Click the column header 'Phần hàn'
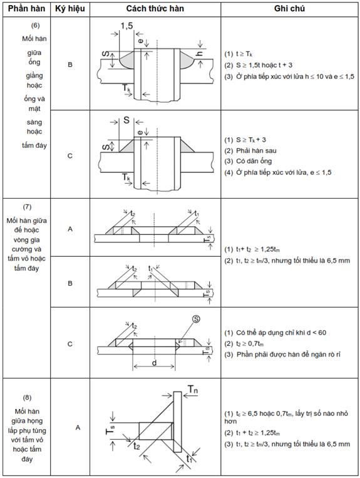pos(26,9)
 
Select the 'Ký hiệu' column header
pos(70,9)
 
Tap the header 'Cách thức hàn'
pos(155,9)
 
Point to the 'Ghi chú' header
pos(289,9)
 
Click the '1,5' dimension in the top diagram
pos(126,26)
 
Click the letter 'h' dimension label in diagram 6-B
pos(200,54)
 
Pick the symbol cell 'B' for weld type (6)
pos(70,65)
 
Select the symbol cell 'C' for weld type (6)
pos(70,156)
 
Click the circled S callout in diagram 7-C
pos(197,319)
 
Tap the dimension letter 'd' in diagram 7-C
pos(154,363)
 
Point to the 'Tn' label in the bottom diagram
pos(193,389)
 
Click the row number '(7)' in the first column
pos(27,207)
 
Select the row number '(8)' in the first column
pos(27,398)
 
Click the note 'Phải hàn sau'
pos(256,150)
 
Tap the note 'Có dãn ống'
pos(254,161)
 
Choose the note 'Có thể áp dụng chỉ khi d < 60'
pos(281,333)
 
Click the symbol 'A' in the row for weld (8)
pos(78,428)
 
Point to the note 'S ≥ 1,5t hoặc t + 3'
pos(264,65)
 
